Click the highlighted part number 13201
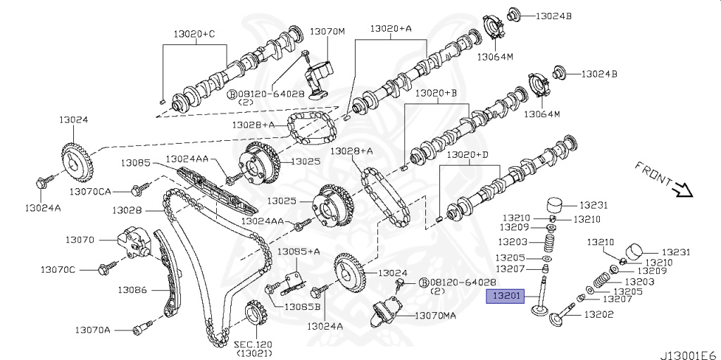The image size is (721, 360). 506,297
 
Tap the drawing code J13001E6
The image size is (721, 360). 689,354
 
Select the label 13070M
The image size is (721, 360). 327,32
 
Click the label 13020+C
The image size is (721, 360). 195,33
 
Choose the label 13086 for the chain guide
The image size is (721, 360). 131,289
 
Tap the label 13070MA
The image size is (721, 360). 434,315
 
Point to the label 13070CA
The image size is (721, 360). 90,191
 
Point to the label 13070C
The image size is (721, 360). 57,269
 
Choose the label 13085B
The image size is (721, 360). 302,306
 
